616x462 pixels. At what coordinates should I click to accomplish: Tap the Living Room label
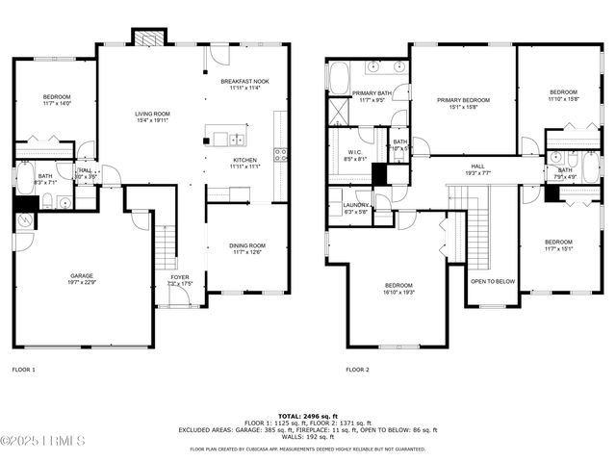151,117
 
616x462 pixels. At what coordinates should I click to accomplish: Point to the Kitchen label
245,163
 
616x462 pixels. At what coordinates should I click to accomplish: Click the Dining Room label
246,248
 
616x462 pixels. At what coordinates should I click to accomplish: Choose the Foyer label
180,280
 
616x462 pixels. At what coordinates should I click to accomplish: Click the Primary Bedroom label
462,103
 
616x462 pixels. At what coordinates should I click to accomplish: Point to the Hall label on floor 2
478,169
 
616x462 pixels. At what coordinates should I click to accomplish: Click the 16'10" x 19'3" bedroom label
398,289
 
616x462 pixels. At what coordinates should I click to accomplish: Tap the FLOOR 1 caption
23,369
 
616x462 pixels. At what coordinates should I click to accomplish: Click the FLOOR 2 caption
357,369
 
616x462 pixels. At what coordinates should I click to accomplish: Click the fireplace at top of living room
149,38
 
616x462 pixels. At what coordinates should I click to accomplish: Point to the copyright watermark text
43,441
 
